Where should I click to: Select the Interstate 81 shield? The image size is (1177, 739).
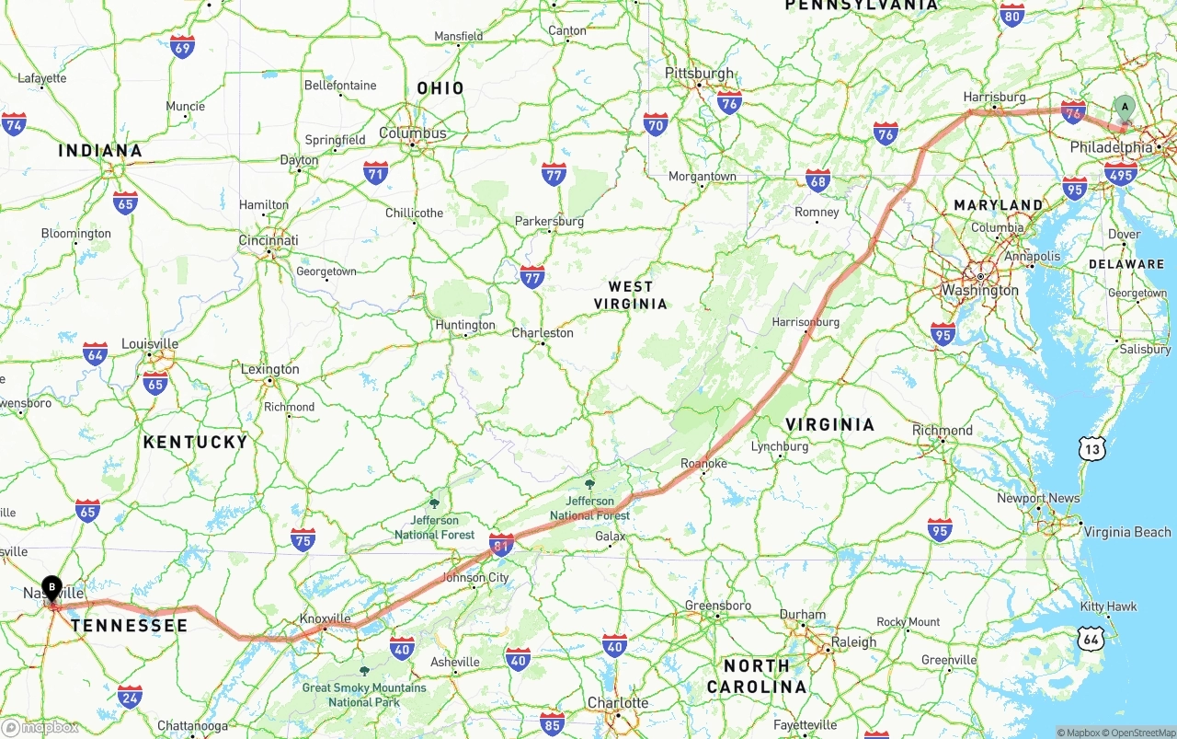(x=501, y=546)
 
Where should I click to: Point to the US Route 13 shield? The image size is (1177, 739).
(x=1091, y=449)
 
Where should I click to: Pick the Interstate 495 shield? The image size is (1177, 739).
(x=1121, y=172)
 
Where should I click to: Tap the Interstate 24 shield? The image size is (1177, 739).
(x=130, y=697)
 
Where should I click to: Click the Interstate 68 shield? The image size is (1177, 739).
(x=817, y=180)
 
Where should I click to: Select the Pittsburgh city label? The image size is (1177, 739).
(x=700, y=74)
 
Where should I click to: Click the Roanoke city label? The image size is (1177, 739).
(x=703, y=464)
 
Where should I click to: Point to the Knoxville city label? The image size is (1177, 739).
(x=326, y=618)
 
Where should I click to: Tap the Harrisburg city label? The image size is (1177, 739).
(x=994, y=97)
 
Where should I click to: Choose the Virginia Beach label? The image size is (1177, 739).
(x=1127, y=532)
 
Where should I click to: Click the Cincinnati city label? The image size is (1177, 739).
(x=269, y=240)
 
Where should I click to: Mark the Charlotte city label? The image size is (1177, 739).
(x=618, y=703)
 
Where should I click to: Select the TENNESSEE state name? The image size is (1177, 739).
(x=130, y=626)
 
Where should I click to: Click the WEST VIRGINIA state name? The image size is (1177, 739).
(x=631, y=295)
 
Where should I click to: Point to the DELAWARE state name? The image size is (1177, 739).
(x=1126, y=264)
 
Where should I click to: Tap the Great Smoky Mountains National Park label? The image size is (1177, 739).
(x=364, y=695)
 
